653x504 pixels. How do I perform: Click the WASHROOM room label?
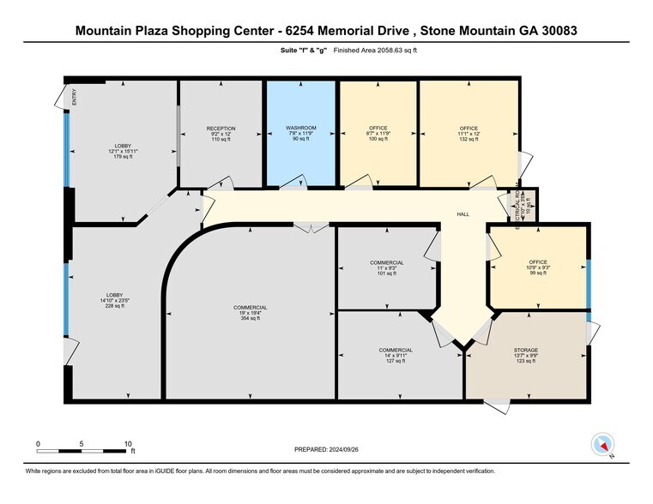pos(301,128)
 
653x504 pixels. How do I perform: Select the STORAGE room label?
pos(526,350)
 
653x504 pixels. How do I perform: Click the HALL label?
pos(463,214)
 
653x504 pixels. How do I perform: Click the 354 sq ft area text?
pos(250,318)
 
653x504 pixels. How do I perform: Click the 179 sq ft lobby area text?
pos(123,155)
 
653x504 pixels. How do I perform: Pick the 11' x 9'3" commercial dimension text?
pos(387,268)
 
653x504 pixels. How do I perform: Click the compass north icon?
pos(603,444)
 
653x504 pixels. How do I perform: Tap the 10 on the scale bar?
pos(128,443)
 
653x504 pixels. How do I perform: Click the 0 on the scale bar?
pos(39,443)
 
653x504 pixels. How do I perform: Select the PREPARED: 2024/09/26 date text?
pos(326,448)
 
